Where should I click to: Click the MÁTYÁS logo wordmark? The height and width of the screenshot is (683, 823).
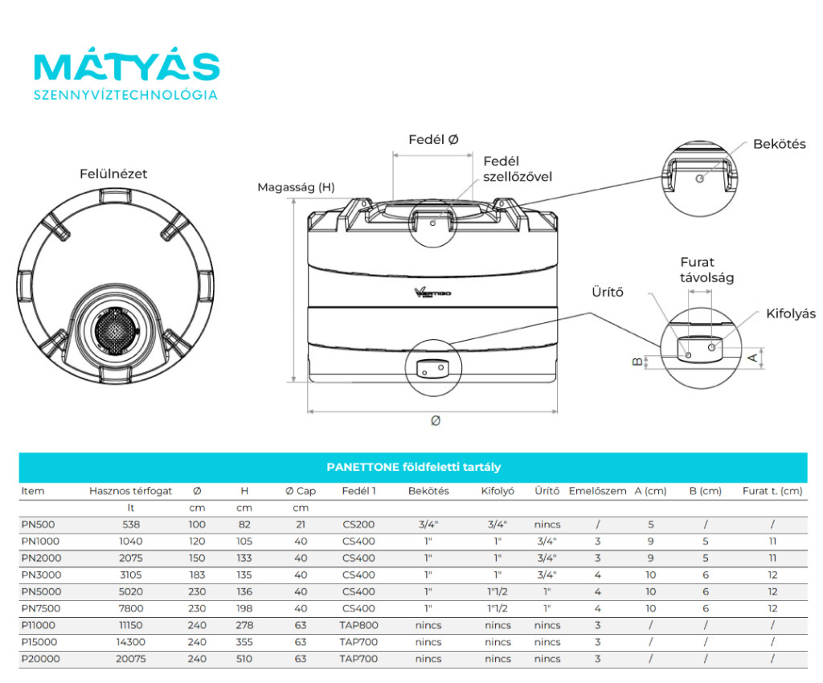pos(126,67)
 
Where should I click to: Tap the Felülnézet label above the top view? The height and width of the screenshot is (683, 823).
pos(113,174)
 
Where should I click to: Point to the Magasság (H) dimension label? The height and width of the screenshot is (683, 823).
pos(296,187)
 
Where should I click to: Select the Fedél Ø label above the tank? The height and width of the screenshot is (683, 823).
pos(433,140)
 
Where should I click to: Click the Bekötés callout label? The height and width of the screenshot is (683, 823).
pos(779,145)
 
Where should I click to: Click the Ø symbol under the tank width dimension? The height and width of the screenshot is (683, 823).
pos(435,420)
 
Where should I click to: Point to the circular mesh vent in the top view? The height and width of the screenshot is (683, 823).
pos(115,330)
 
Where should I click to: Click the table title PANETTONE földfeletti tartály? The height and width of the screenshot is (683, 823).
pos(413,467)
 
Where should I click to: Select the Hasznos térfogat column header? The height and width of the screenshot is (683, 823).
pos(130,491)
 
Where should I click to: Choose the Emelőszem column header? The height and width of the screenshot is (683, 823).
pos(597,491)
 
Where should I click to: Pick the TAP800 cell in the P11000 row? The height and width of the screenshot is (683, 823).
pos(358,625)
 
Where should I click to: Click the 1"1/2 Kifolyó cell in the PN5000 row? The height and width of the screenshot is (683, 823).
pos(497,592)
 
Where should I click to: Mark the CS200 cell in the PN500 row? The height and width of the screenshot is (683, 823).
pos(358,525)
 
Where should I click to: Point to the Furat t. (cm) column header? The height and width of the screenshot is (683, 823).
pos(772,491)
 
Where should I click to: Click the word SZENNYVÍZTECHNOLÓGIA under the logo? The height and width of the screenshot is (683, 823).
pos(125,95)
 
